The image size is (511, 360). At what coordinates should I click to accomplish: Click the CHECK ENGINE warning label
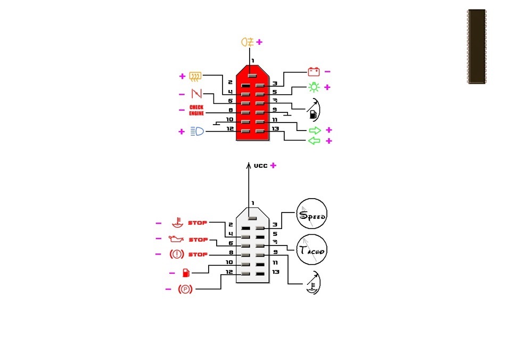tap(196, 110)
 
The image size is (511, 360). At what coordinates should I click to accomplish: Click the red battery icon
tap(314, 71)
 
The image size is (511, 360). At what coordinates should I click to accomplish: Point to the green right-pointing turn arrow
tap(315, 130)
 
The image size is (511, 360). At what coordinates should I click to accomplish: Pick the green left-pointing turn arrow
tap(314, 141)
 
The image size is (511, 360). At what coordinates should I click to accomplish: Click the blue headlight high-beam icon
tap(197, 131)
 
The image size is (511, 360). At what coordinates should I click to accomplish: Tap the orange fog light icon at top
tap(248, 42)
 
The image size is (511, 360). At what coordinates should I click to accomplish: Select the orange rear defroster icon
tap(195, 77)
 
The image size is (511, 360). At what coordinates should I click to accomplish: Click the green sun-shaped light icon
tap(314, 87)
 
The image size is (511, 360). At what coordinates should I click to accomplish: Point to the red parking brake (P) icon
tap(185, 289)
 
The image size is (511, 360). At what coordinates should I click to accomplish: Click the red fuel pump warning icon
tap(186, 273)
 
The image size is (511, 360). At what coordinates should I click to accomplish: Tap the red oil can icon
tap(176, 239)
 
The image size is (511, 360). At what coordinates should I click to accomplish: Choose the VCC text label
tap(260, 166)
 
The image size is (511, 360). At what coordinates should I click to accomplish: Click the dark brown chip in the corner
tap(477, 47)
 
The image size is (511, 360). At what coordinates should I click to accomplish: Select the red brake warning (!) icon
tap(177, 254)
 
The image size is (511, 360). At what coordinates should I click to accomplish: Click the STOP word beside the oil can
tap(198, 240)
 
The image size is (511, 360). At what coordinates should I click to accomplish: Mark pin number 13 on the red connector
tap(275, 128)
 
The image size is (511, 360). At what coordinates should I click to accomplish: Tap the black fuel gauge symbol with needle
tap(314, 110)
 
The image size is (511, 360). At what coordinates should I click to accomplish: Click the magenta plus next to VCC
tap(274, 165)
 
